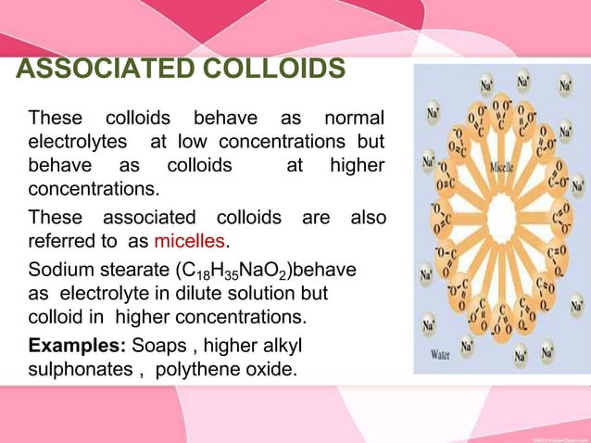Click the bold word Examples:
[x=78, y=348]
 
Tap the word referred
[x=63, y=244]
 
